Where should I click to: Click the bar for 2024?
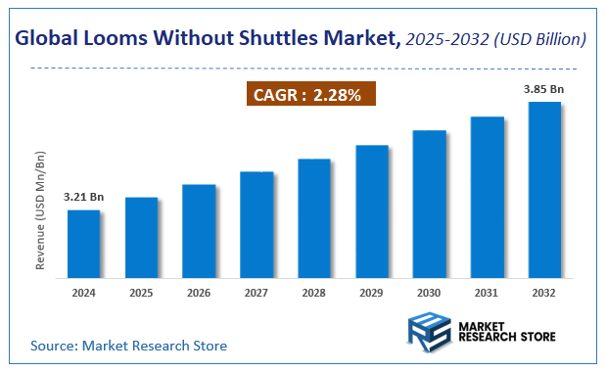tap(83, 243)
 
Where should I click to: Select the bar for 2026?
tap(199, 230)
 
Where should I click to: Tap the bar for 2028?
tap(314, 217)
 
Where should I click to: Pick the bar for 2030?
tap(430, 203)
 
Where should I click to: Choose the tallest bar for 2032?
tap(544, 189)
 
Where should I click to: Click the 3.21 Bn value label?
tap(83, 197)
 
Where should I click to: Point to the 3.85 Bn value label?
tap(544, 89)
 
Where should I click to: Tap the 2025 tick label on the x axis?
tap(141, 291)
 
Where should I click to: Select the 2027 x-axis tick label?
tap(256, 291)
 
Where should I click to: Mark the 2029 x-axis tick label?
tap(372, 291)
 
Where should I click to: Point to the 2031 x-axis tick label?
tap(488, 291)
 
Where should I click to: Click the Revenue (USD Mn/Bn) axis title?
tap(40, 209)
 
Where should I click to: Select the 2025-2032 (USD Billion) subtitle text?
tap(495, 39)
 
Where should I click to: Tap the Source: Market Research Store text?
tap(128, 346)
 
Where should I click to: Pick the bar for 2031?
tap(488, 196)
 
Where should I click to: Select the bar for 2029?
tap(372, 210)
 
